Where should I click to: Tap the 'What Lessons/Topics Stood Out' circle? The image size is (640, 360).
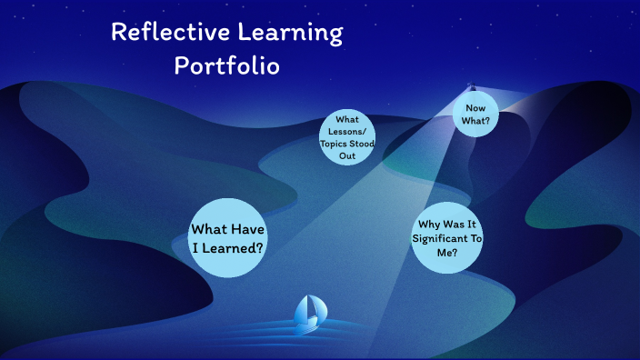click(347, 137)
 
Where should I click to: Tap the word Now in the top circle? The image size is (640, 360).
click(475, 108)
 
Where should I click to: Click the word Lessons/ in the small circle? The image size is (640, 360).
click(347, 131)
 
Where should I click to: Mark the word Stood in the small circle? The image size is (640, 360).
click(362, 144)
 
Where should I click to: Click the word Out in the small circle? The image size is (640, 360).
click(347, 155)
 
